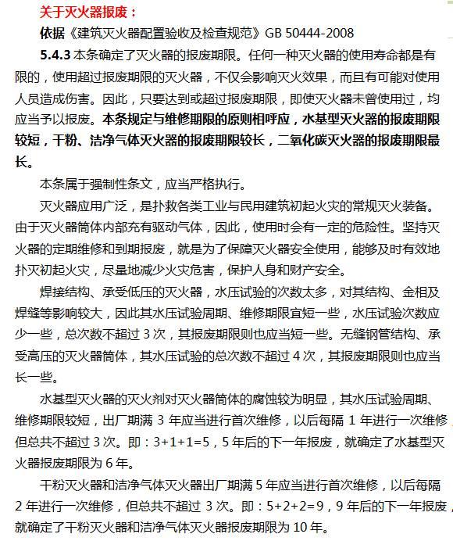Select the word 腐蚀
point(263,396)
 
